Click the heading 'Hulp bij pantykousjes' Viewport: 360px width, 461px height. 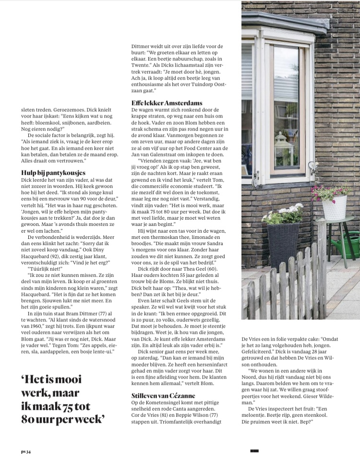pyautogui.click(x=53, y=172)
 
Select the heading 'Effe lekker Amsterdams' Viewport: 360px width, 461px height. pyautogui.click(x=167, y=103)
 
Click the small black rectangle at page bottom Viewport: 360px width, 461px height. pyautogui.click(x=254, y=450)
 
